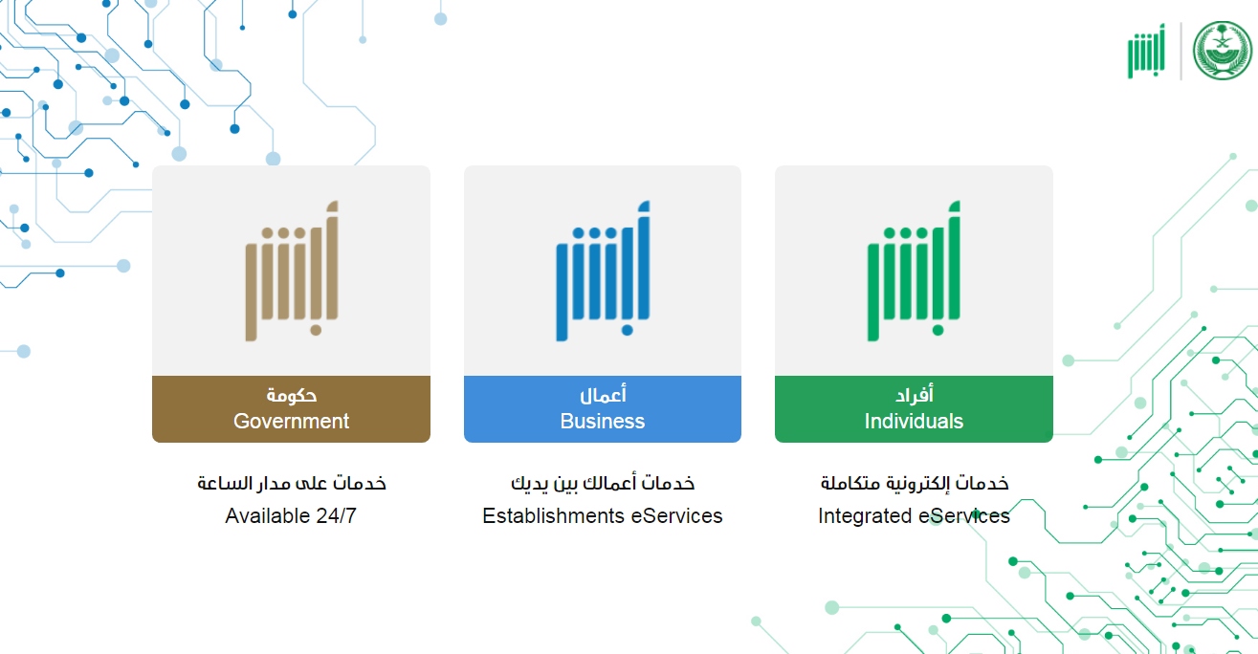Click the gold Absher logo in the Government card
point(292,271)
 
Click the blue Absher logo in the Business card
point(603,271)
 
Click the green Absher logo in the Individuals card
point(914,271)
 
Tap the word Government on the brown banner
point(291,421)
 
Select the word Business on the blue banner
point(602,421)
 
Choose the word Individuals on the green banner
point(914,421)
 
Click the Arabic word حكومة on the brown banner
point(292,395)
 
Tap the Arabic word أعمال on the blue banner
point(603,395)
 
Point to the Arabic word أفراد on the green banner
point(915,395)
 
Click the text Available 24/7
point(291,515)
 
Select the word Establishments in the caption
point(553,515)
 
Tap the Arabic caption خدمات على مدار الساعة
point(292,483)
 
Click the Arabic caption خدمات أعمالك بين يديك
point(603,483)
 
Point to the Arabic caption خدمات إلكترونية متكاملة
point(915,483)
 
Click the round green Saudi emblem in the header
point(1222,51)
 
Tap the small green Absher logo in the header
point(1146,51)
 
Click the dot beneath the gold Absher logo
point(316,330)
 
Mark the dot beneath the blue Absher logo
point(628,330)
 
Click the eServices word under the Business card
point(676,515)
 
